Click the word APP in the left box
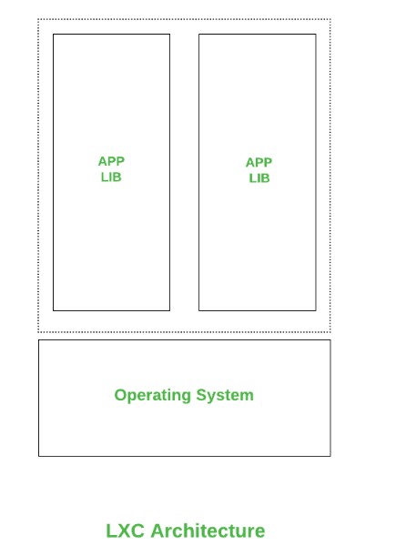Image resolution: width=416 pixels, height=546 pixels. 111,161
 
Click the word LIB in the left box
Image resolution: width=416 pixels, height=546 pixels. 111,177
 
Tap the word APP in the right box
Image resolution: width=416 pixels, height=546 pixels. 259,162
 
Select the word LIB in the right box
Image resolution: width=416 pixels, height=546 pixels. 259,178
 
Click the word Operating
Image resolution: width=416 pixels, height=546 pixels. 153,396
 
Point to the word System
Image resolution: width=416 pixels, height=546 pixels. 225,396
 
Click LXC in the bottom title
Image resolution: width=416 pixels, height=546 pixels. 125,531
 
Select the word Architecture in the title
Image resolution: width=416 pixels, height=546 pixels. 208,531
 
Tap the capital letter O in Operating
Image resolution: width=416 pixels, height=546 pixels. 120,395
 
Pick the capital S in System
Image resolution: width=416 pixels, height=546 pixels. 201,395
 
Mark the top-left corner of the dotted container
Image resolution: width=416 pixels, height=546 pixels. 38,19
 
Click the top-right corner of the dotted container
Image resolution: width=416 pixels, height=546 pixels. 330,19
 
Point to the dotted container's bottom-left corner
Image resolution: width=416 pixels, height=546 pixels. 38,332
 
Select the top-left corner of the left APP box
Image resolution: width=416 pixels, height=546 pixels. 53,35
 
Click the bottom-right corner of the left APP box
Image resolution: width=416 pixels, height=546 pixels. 169,310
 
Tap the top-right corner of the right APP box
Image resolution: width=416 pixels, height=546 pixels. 316,35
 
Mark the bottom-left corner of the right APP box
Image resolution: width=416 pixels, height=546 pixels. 199,310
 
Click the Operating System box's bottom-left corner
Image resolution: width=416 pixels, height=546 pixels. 38,456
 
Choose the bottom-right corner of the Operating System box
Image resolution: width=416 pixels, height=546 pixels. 330,456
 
